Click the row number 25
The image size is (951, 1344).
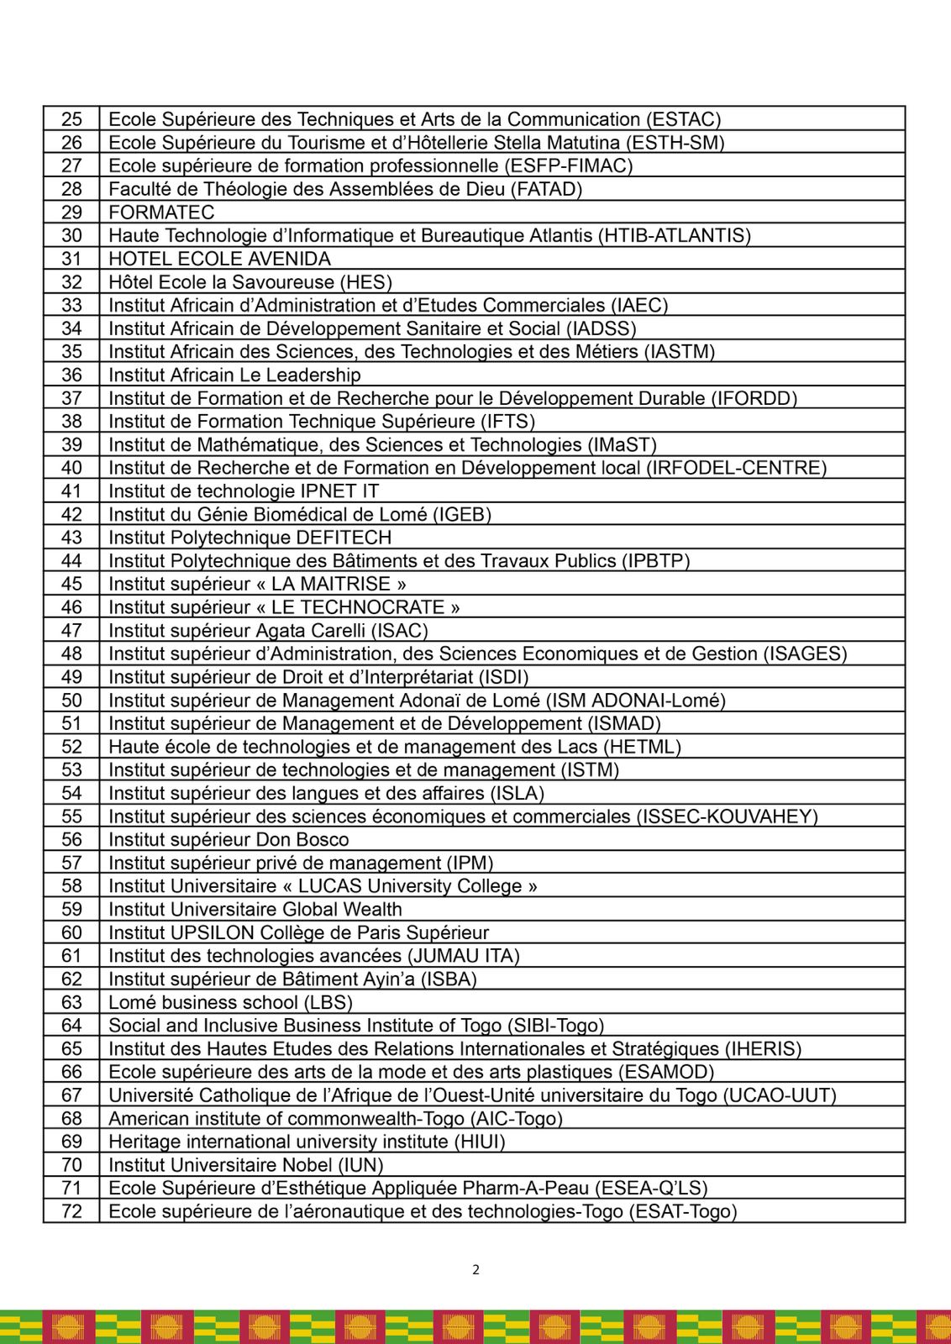point(72,119)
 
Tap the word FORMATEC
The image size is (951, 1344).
point(161,213)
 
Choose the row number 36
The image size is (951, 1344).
point(72,375)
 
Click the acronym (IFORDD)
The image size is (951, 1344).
point(754,398)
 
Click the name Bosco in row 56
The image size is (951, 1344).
point(323,839)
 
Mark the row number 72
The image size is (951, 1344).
point(72,1211)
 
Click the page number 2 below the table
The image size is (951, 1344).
point(475,1269)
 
